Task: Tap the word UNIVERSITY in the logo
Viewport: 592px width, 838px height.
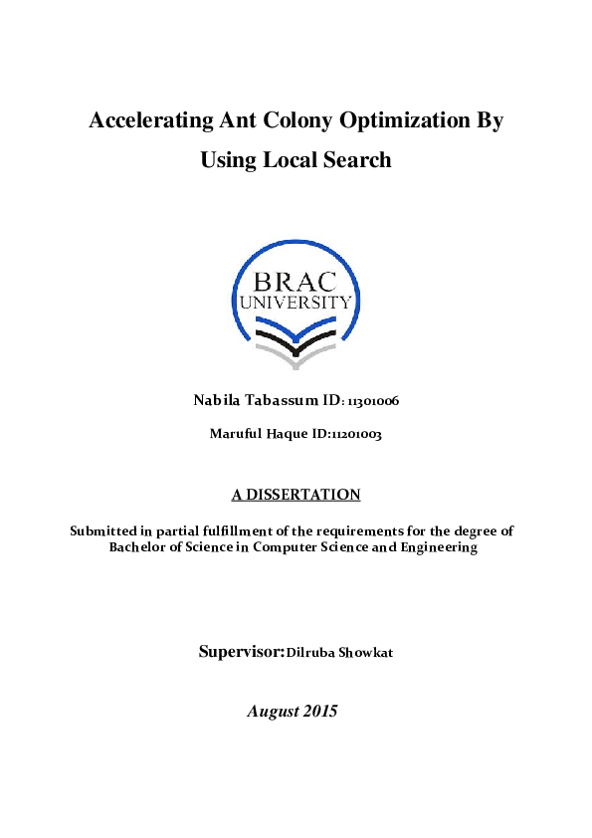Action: coord(296,302)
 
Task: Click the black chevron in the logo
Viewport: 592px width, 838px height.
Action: coord(296,335)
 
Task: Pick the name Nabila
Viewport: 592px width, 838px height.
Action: coord(214,401)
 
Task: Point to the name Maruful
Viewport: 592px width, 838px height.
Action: coord(236,434)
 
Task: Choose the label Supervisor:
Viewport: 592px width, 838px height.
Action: coord(242,653)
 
